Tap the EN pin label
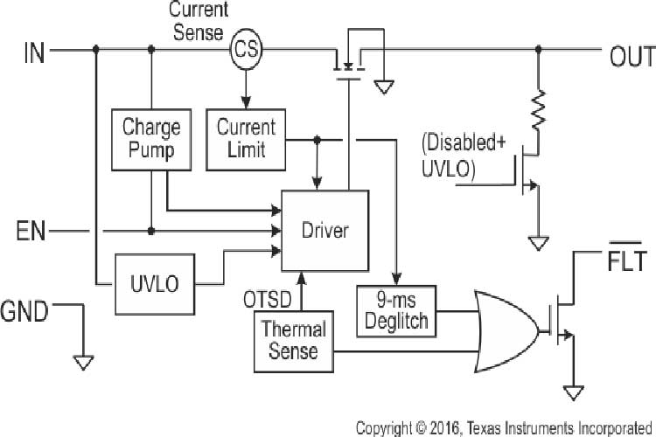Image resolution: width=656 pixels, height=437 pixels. pos(31,232)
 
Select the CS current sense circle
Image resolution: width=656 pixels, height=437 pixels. pos(245,52)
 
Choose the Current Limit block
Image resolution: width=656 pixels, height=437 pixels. pos(245,138)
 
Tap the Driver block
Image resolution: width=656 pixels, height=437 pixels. pos(325,231)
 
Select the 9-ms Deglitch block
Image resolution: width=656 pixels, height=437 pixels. pos(397,310)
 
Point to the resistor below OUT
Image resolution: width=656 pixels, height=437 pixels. pos(540,109)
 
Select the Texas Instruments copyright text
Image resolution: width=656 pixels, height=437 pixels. pos(504,427)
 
